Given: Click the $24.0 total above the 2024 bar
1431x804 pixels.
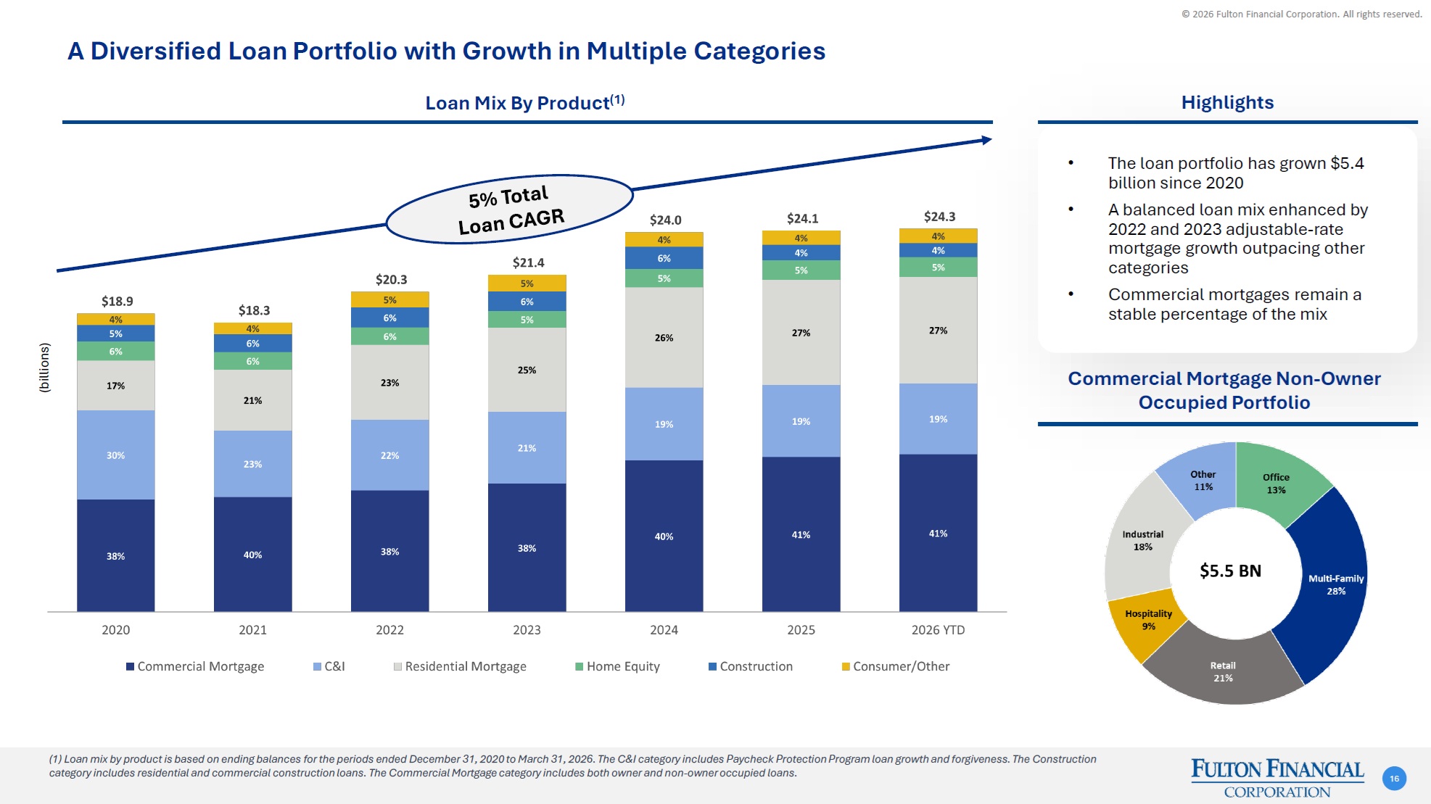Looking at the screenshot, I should [x=665, y=220].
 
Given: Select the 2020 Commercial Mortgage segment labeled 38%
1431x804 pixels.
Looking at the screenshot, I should [x=116, y=555].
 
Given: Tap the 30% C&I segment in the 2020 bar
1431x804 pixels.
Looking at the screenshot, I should [x=116, y=455].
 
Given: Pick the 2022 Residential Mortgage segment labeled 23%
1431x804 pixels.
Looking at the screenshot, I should [x=390, y=382].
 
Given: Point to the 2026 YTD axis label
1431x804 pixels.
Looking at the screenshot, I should [x=938, y=630].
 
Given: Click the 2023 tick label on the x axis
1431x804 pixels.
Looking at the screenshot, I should [x=527, y=630].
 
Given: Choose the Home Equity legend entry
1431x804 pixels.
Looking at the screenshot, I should [x=617, y=666].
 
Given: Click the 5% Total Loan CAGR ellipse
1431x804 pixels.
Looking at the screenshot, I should [x=510, y=209].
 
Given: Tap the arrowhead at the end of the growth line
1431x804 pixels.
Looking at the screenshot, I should [x=986, y=140].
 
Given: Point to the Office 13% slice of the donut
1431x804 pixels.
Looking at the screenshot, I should [x=1278, y=482].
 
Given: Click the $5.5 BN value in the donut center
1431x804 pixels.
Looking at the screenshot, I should [x=1230, y=571].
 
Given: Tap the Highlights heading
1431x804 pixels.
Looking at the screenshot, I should [x=1227, y=102].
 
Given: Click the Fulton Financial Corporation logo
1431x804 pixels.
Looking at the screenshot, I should [x=1277, y=778].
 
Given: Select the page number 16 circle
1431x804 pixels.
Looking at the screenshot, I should [x=1394, y=779].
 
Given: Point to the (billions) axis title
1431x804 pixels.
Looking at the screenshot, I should [x=45, y=368].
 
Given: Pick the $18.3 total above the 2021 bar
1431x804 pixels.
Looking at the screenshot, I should [x=254, y=310].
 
